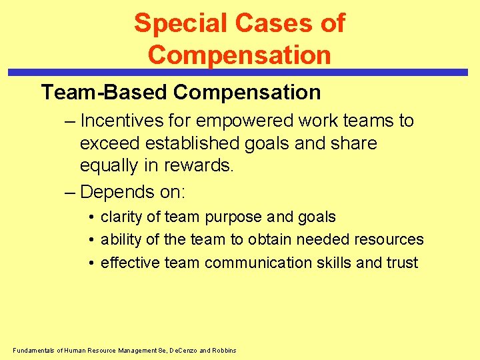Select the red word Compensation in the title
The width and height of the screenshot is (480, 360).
pos(239,54)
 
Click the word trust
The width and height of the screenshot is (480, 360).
pos(401,263)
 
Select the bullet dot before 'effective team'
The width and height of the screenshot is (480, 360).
pos(91,263)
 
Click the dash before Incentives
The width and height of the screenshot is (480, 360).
pos(70,121)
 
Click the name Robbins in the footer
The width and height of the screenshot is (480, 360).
pos(223,351)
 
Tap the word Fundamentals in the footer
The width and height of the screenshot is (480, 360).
pos(33,351)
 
